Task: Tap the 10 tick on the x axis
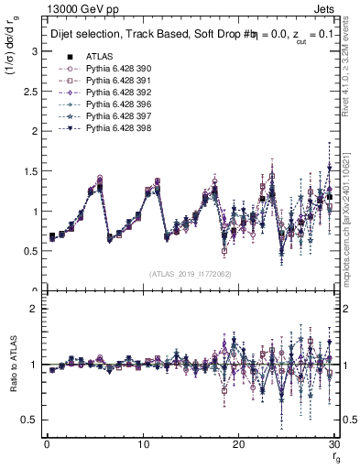pos(143,443)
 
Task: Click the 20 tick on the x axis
pos(238,443)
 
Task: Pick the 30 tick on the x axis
pos(334,443)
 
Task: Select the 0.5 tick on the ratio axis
pos(29,420)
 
